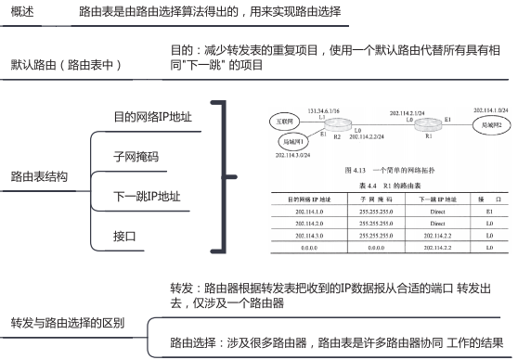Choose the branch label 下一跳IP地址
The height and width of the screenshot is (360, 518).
point(146,196)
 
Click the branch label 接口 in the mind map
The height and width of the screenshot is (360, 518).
point(124,237)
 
